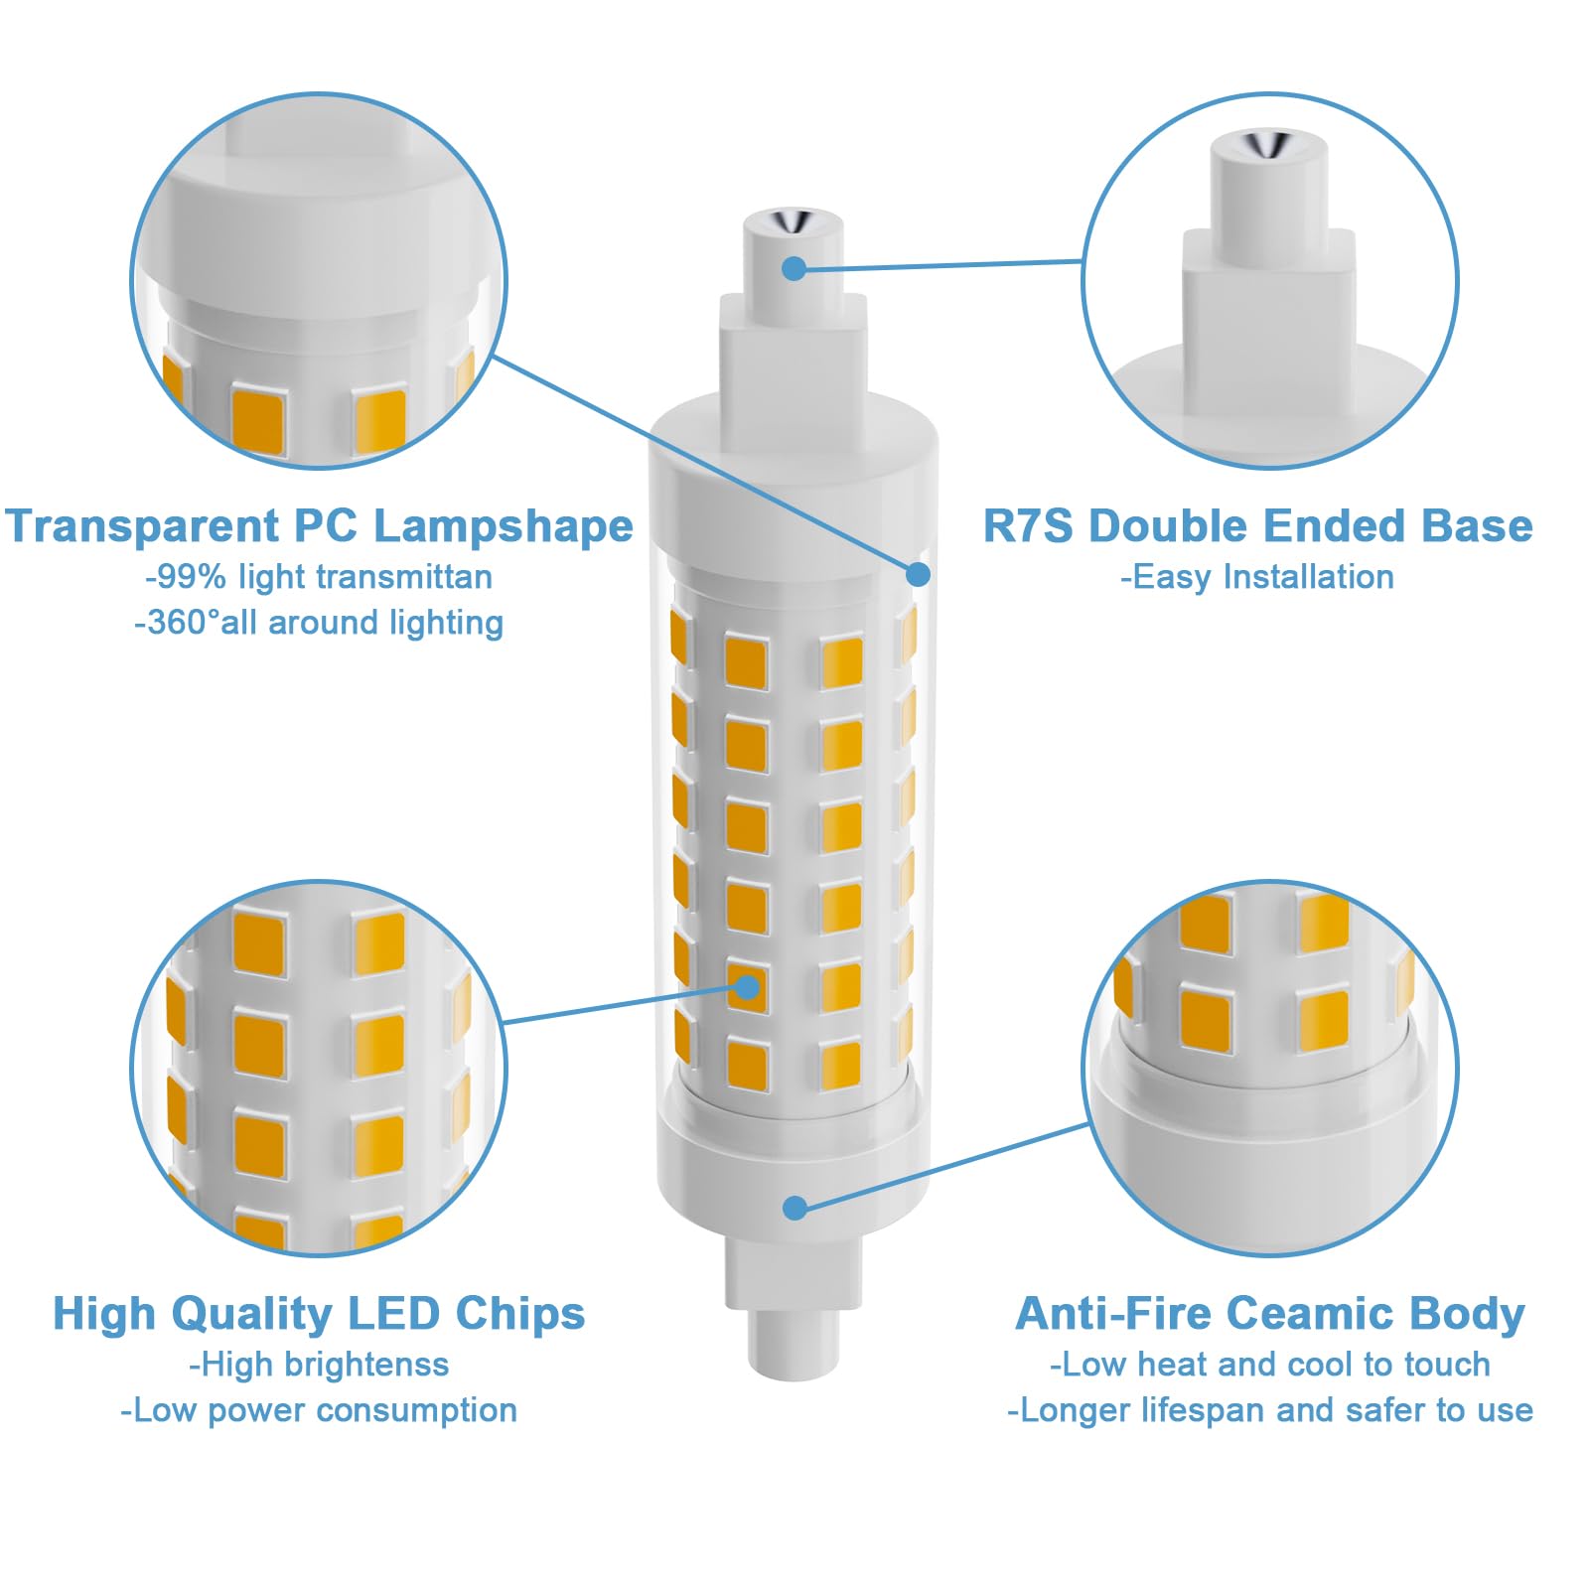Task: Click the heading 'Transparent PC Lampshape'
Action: click(319, 526)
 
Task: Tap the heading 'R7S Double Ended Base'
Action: click(1257, 526)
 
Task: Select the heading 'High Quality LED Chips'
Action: click(319, 1314)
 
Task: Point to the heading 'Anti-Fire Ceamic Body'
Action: click(1270, 1314)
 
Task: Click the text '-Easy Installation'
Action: click(1257, 577)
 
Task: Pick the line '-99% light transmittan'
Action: click(319, 577)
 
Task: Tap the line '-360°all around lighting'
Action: click(319, 623)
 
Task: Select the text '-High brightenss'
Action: click(319, 1365)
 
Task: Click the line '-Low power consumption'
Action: click(319, 1410)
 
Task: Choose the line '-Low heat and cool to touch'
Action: click(1270, 1365)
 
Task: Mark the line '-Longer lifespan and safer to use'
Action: click(1270, 1410)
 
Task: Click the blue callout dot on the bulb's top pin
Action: click(794, 268)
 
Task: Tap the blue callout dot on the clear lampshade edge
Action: click(919, 574)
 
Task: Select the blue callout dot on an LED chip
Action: click(748, 987)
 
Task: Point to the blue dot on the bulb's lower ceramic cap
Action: click(794, 1208)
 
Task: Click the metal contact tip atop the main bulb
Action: click(793, 219)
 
